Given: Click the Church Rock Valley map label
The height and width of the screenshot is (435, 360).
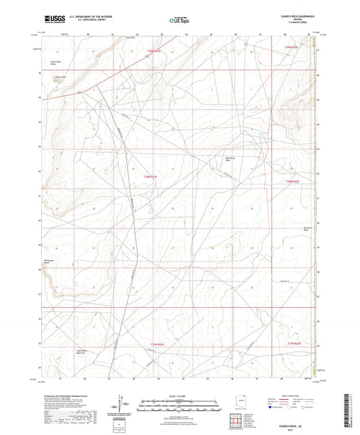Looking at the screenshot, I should [55, 63].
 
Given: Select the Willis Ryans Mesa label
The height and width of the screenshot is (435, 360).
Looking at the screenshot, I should [230, 159].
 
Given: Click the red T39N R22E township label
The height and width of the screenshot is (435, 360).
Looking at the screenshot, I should [291, 47].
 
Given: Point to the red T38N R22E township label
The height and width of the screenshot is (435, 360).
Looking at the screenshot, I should [291, 181].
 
